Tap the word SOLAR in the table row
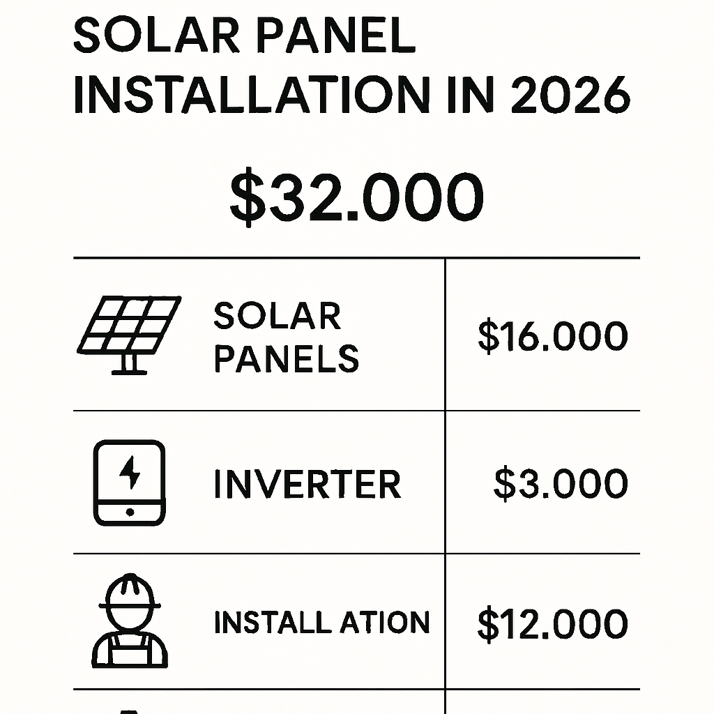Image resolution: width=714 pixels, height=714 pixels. [x=277, y=317]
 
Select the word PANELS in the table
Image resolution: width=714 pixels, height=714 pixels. [x=286, y=358]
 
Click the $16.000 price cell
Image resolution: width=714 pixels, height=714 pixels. [x=552, y=336]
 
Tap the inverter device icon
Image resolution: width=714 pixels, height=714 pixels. [x=130, y=483]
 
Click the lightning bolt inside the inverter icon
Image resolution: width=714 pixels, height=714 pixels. [x=130, y=475]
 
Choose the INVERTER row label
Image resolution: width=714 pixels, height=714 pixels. [x=307, y=485]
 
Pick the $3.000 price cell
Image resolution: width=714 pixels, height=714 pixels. [x=561, y=484]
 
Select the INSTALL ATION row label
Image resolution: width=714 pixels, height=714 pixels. [x=321, y=623]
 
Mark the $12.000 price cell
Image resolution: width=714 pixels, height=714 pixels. [x=552, y=623]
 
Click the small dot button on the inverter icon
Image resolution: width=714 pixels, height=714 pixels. [x=130, y=512]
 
